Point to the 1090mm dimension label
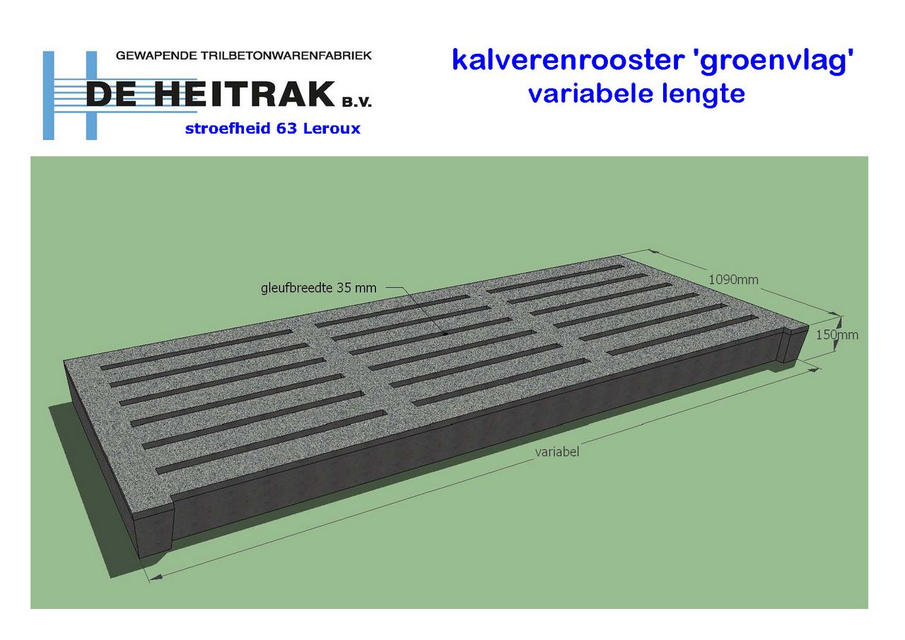pos(733,279)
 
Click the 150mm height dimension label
pos(836,335)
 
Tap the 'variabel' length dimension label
pos(556,452)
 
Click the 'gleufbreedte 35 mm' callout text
pos(318,288)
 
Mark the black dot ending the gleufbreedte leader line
pos(445,334)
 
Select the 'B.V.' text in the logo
pos(357,103)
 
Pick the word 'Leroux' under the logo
pos(332,129)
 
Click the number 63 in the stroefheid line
pos(286,129)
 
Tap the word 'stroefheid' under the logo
pos(227,129)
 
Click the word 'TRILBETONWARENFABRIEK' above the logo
pos(286,55)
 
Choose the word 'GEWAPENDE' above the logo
pos(156,55)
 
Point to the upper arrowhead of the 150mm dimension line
pos(839,321)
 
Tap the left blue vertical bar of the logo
pos(49,95)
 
